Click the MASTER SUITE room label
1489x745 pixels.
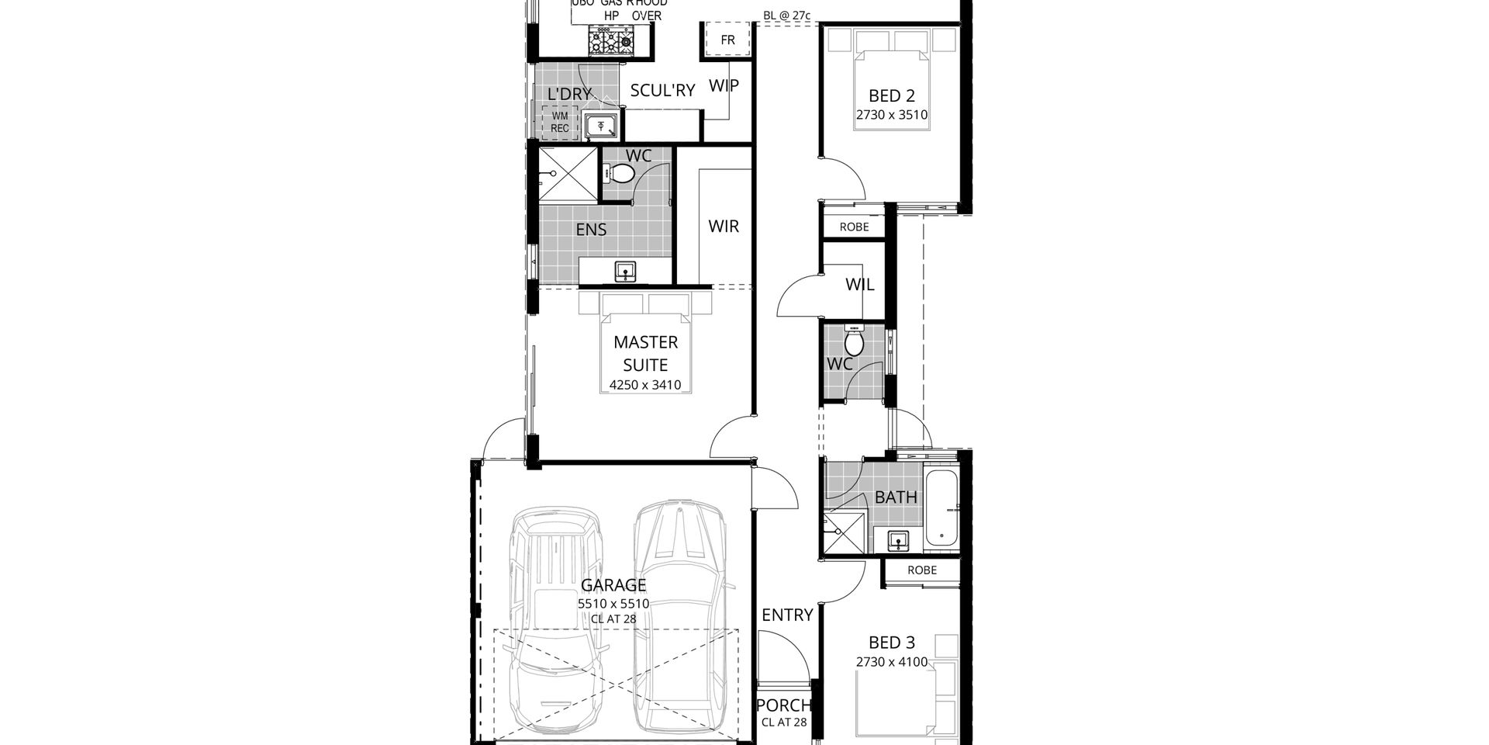click(645, 353)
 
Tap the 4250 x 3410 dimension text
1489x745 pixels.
click(645, 384)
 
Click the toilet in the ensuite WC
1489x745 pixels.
click(619, 174)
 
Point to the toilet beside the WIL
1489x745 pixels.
click(854, 342)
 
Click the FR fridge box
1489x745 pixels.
click(727, 40)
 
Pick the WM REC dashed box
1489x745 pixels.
click(560, 123)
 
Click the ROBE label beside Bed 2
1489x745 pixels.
click(855, 227)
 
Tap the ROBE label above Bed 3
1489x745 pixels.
click(922, 570)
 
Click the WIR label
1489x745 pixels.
click(724, 227)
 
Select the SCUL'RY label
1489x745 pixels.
click(662, 91)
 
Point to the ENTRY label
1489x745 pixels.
click(787, 615)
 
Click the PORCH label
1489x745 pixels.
click(783, 705)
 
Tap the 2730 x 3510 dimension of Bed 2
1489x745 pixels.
click(892, 115)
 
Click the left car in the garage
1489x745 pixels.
click(557, 621)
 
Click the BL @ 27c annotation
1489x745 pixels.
click(786, 15)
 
